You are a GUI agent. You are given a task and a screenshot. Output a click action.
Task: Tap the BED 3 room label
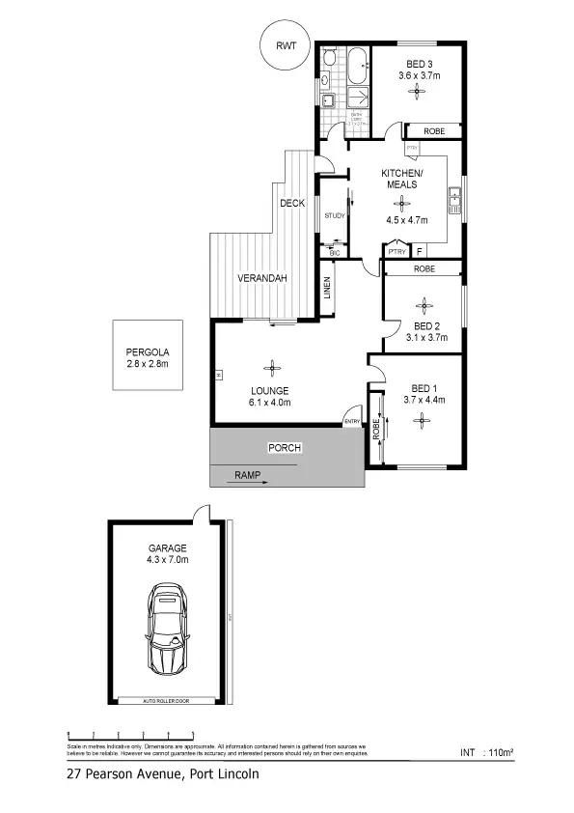418,63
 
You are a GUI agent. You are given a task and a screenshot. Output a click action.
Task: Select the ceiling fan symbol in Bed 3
419,92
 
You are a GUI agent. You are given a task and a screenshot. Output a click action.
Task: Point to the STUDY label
335,215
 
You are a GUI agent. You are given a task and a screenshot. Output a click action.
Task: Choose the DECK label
292,203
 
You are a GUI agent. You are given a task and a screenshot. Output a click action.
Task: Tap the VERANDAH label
263,279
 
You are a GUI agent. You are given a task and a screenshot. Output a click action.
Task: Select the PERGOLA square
147,355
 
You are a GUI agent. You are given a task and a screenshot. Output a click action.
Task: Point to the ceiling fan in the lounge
273,367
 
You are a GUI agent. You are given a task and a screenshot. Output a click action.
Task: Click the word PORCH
286,447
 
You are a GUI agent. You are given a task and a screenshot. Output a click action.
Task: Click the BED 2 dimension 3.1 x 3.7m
426,337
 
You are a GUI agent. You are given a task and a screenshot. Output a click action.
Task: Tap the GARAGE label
167,547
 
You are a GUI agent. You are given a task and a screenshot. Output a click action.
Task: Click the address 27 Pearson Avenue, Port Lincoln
162,773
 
